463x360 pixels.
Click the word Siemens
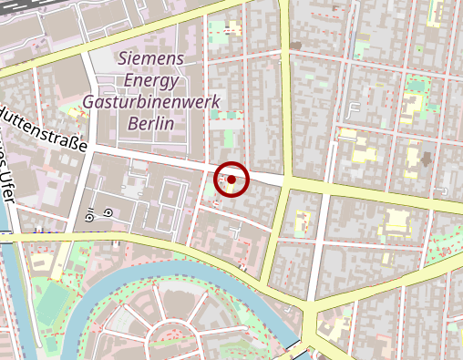tap(151, 58)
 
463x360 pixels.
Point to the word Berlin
tap(151, 123)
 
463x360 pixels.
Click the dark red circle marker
tap(231, 180)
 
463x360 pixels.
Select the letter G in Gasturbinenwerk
tap(88, 101)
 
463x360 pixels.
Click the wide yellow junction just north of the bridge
tap(314, 319)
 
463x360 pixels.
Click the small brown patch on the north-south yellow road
tap(296, 45)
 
